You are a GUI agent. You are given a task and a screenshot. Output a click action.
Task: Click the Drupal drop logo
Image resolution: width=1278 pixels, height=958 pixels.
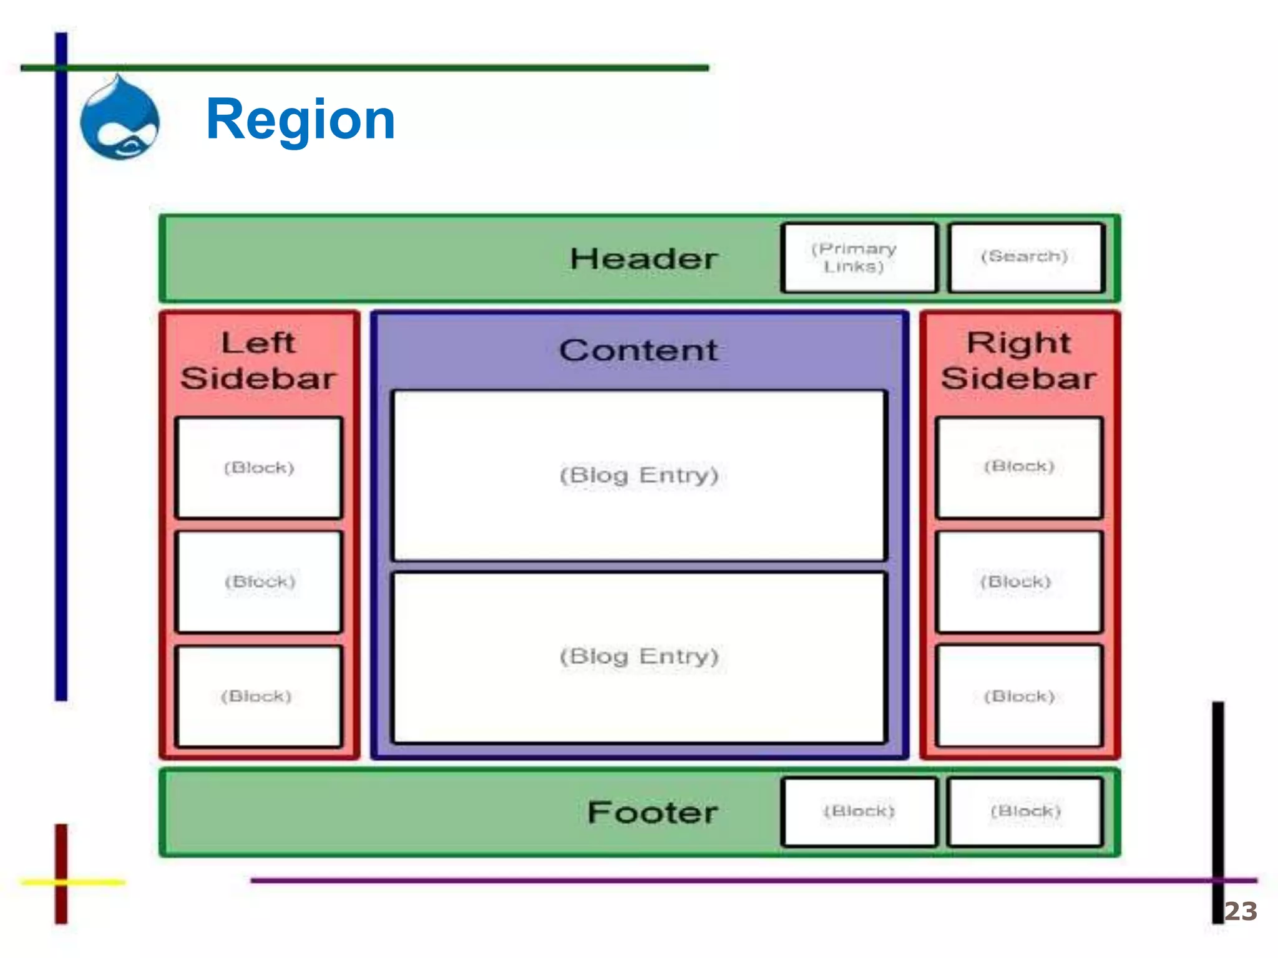[120, 119]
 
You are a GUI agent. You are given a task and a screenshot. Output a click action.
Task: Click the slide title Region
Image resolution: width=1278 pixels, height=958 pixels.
[300, 119]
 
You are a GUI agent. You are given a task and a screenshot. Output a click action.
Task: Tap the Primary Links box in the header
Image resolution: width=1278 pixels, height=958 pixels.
[859, 258]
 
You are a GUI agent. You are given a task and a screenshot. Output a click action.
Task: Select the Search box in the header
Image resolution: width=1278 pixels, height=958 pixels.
[1026, 258]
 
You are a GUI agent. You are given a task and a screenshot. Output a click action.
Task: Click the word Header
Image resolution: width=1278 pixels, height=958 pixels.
[643, 259]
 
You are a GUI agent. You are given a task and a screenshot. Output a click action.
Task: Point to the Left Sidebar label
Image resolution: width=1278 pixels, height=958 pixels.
[258, 360]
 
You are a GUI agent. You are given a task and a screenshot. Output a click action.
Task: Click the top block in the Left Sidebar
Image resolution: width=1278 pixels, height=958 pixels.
[259, 468]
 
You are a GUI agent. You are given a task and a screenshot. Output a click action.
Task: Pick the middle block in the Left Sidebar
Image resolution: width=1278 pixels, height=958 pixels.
[259, 582]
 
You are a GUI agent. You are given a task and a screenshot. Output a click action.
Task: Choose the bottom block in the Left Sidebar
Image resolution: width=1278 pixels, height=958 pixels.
[259, 696]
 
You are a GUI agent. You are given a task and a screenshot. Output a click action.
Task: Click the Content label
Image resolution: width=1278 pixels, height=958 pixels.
[638, 350]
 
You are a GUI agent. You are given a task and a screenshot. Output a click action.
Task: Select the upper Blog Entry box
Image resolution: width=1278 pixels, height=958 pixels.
[639, 475]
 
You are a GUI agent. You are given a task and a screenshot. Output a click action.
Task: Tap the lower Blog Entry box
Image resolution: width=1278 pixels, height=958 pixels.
[639, 657]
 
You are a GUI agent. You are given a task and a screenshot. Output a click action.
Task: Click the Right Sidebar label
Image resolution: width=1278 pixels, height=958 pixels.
[1018, 360]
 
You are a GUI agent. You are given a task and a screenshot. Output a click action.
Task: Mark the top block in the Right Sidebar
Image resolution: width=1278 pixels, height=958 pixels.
[1019, 467]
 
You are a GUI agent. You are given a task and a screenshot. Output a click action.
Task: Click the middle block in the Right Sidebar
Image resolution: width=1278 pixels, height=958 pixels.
[1019, 582]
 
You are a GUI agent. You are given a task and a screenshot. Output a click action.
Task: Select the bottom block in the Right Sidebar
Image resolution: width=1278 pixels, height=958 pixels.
[1019, 696]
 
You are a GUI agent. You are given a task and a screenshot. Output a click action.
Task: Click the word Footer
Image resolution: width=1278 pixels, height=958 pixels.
[653, 812]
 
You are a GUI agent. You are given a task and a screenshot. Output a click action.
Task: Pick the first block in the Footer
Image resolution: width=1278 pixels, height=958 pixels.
[859, 811]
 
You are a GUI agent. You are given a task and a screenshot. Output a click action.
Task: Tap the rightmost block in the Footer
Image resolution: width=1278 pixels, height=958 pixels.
[1025, 811]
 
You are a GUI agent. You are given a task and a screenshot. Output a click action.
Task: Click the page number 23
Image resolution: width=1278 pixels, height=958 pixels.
[1241, 911]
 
